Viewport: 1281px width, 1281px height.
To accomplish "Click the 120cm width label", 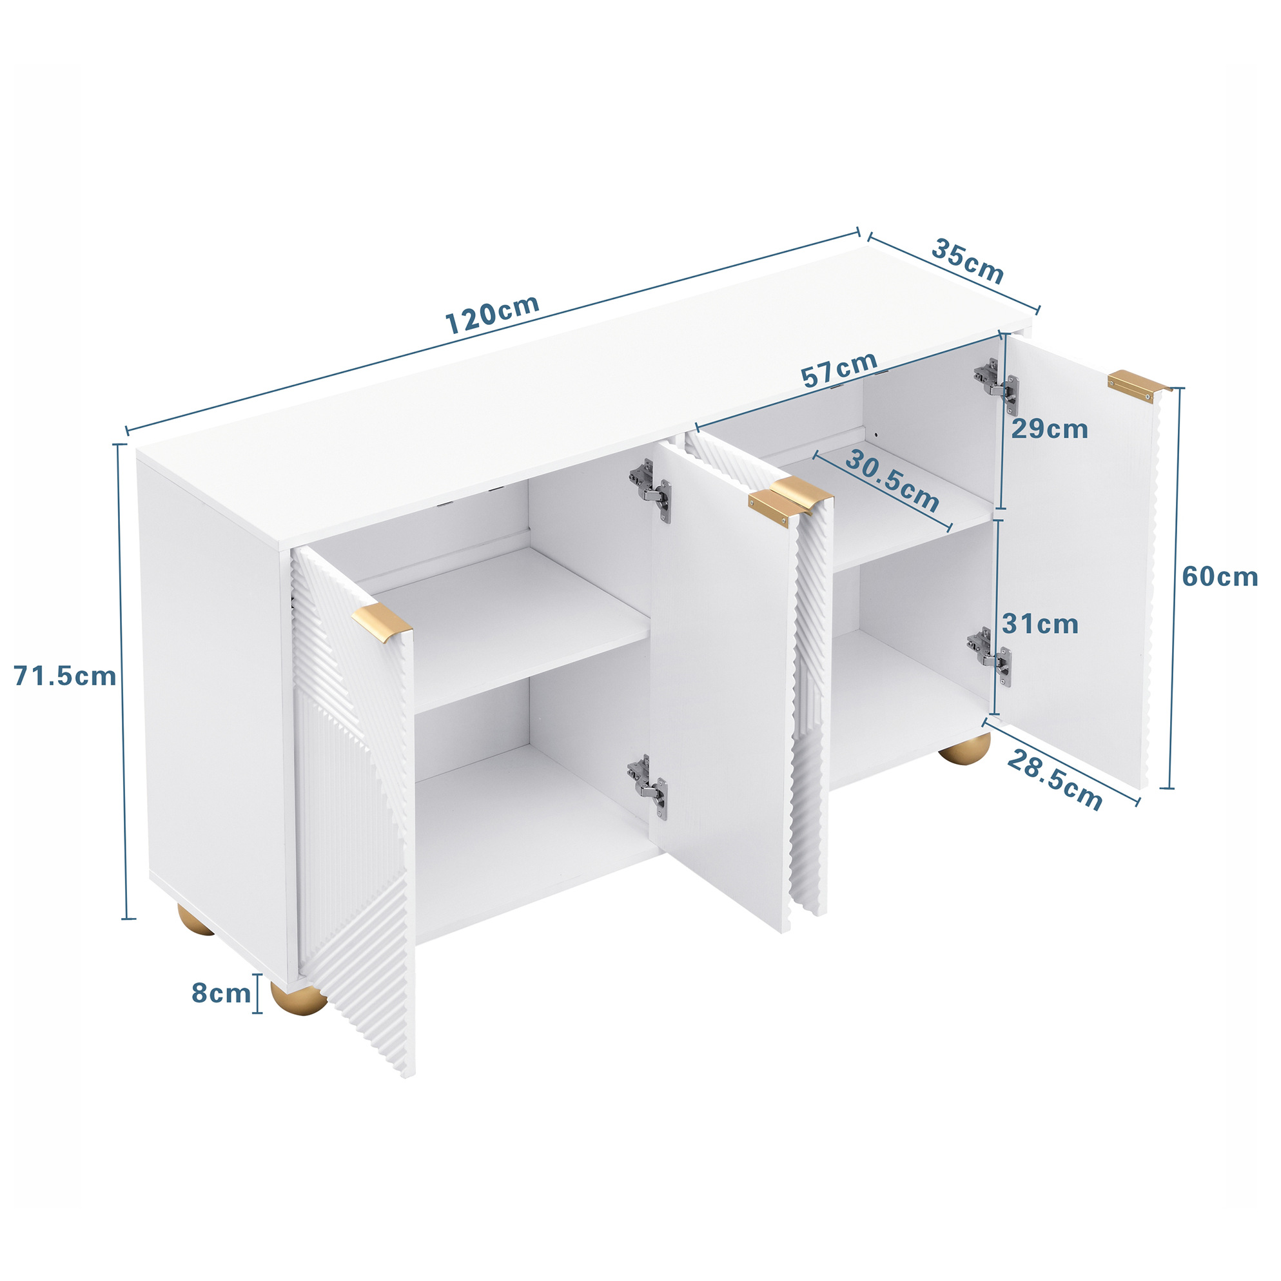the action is [x=492, y=314].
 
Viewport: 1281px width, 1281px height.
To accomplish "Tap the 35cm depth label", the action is [x=968, y=261].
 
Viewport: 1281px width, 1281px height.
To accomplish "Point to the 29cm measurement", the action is [x=1050, y=429].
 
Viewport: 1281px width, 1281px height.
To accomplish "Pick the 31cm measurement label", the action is [x=1041, y=624].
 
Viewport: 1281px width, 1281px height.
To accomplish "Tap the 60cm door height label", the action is [x=1220, y=577].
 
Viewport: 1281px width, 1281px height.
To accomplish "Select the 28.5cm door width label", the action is [x=1054, y=781].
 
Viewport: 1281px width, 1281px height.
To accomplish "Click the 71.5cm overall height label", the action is [x=65, y=676].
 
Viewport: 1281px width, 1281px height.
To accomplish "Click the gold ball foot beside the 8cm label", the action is [x=298, y=999].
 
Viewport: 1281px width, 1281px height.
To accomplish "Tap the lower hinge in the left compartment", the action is [x=648, y=785].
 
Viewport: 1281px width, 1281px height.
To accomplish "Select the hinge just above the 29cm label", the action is [x=996, y=387].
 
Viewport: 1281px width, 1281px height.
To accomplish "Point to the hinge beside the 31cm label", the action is [x=989, y=656].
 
